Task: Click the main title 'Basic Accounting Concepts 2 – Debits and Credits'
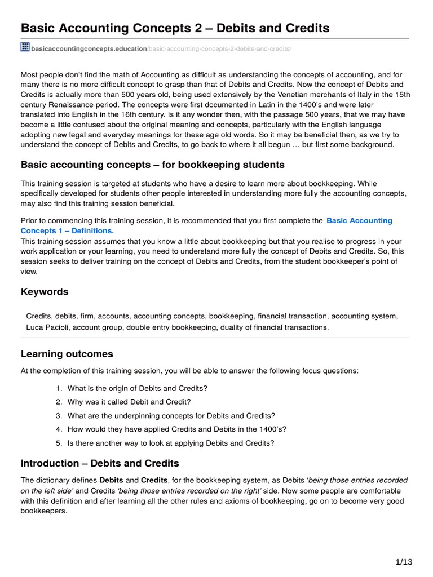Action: click(175, 28)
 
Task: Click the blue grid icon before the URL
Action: click(25, 47)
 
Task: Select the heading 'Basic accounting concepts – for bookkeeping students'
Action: click(152, 165)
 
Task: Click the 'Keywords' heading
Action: click(45, 292)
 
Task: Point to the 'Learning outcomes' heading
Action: click(67, 354)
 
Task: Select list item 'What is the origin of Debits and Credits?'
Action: click(137, 388)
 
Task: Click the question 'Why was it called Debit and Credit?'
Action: click(129, 402)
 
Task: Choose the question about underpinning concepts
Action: click(171, 415)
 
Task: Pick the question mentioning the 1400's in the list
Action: click(176, 429)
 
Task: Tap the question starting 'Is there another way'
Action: click(170, 443)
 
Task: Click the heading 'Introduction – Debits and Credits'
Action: click(100, 463)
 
